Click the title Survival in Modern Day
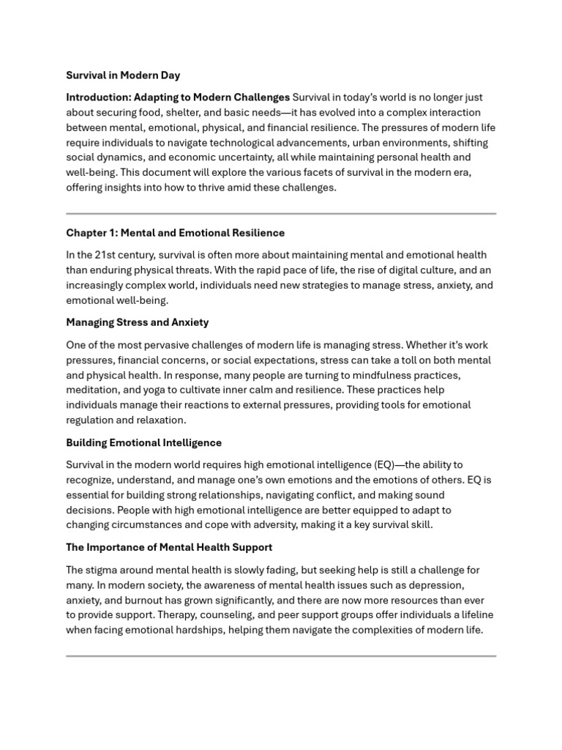tap(123, 75)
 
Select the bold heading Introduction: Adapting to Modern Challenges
tap(178, 97)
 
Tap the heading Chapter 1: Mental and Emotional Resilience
tap(176, 233)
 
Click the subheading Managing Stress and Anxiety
tap(138, 322)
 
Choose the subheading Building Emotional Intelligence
tap(144, 442)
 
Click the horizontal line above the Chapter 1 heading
tap(281, 214)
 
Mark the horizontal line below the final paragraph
tap(281, 656)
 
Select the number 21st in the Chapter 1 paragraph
tap(107, 255)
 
